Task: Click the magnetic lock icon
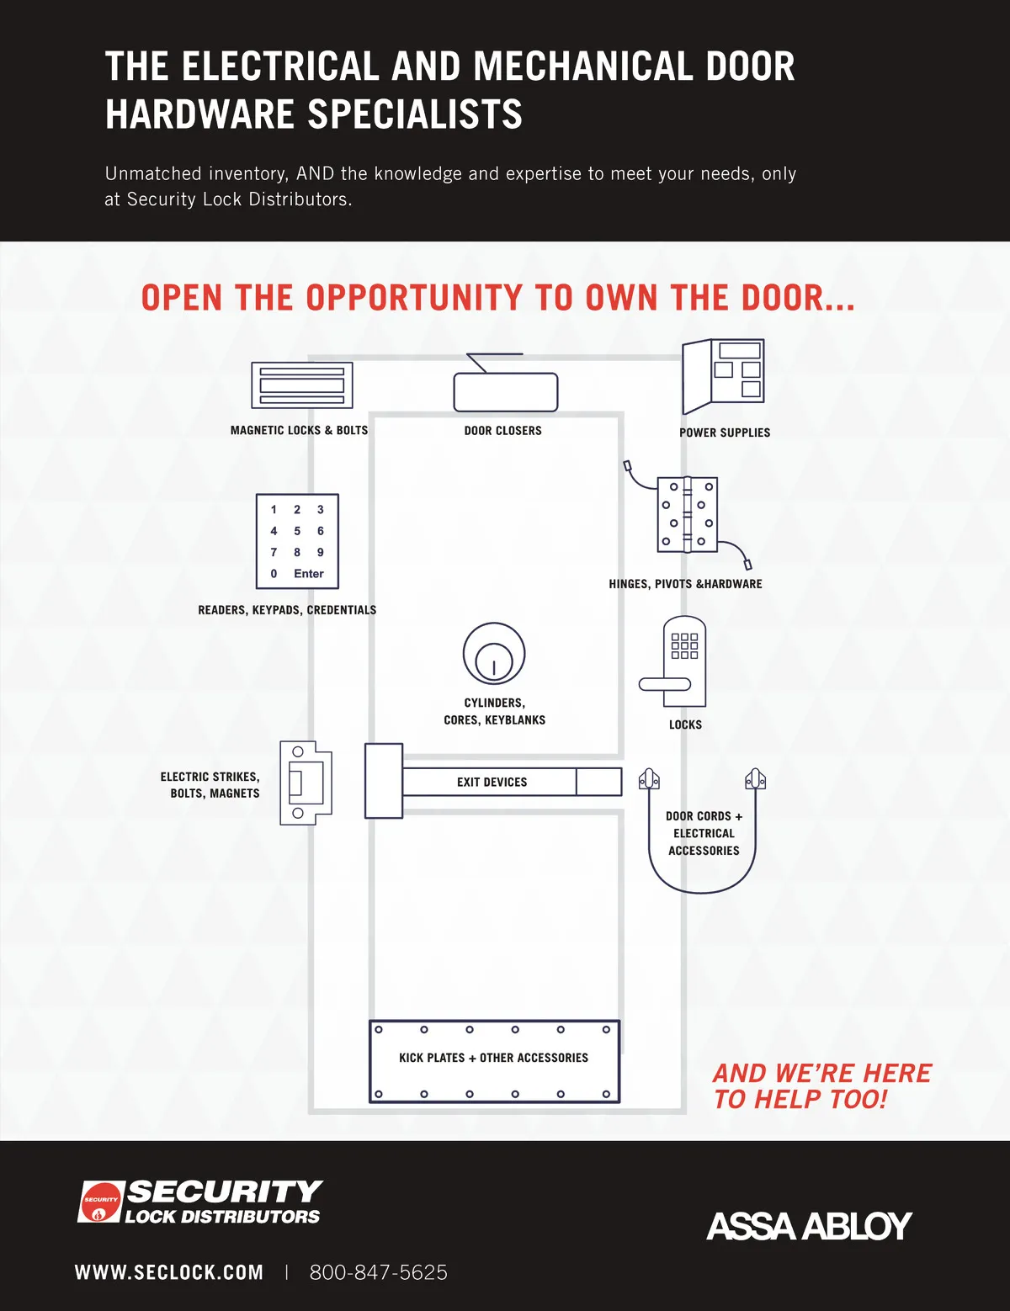click(x=301, y=385)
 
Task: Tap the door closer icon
click(x=506, y=391)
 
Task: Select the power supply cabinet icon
click(x=723, y=376)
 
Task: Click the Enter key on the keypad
click(x=308, y=573)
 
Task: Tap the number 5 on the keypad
click(x=297, y=531)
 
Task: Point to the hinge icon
click(x=687, y=515)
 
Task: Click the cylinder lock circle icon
click(x=494, y=655)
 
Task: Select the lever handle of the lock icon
click(x=664, y=684)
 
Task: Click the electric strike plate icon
click(x=306, y=783)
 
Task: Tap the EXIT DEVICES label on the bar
click(x=492, y=782)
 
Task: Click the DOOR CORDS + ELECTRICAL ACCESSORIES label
click(x=704, y=833)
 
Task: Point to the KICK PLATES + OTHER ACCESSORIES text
click(x=493, y=1058)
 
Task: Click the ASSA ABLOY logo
click(x=809, y=1225)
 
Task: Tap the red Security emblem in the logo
click(x=100, y=1202)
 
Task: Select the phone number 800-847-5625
click(x=378, y=1272)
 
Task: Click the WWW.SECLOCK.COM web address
click(x=169, y=1272)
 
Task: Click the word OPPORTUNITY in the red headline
click(x=414, y=297)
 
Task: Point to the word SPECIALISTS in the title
click(x=415, y=114)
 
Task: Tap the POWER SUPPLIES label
click(x=725, y=433)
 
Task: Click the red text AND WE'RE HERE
click(x=822, y=1074)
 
